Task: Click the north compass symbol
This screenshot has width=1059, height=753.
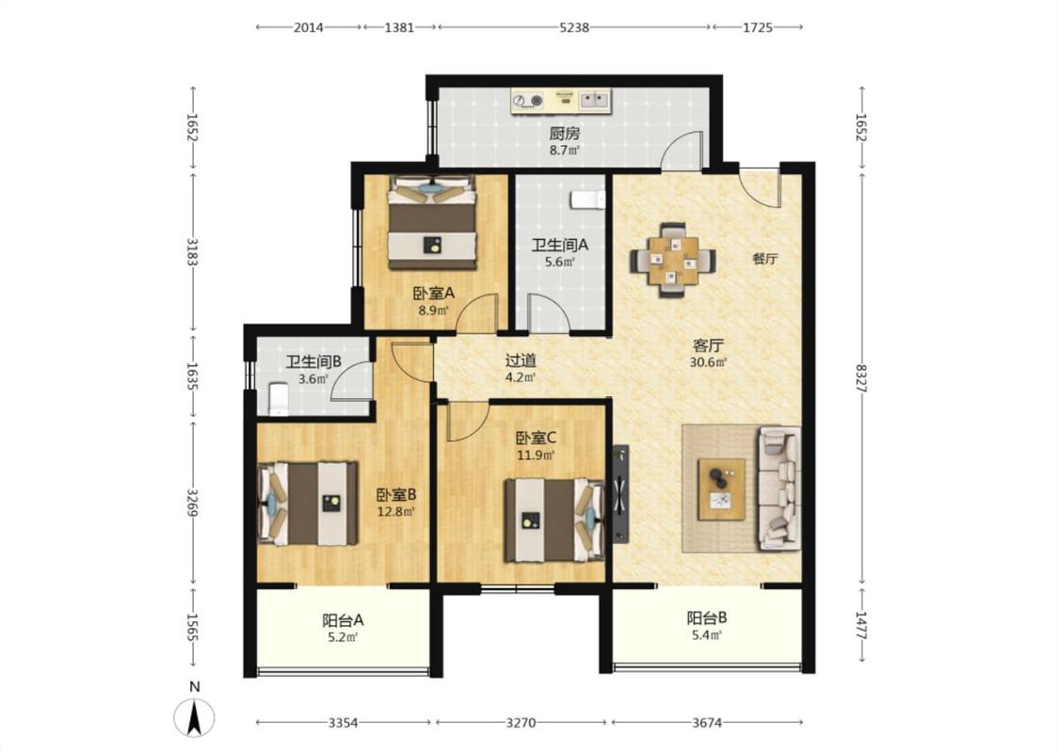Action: (x=195, y=717)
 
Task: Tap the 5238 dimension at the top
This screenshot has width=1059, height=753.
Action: (x=574, y=27)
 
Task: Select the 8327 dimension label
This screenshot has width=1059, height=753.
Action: (x=860, y=379)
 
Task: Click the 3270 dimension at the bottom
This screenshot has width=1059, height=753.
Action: (x=521, y=723)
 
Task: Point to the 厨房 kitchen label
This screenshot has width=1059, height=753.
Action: (x=564, y=134)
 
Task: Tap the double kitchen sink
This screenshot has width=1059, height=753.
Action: (x=594, y=100)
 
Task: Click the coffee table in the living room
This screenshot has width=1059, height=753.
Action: (x=721, y=489)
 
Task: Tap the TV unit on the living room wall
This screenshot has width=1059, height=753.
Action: (x=620, y=493)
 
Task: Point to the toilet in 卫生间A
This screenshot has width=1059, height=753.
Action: (x=587, y=200)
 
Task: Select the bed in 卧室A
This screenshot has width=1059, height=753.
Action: (x=431, y=222)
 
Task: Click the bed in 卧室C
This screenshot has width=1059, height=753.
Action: (x=554, y=520)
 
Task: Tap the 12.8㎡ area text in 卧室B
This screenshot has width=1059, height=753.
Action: (x=395, y=511)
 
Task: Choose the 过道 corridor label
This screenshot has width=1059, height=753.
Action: (x=521, y=360)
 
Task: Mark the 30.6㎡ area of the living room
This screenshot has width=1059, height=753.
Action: (x=708, y=362)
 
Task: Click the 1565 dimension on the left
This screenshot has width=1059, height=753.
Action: (x=192, y=628)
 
